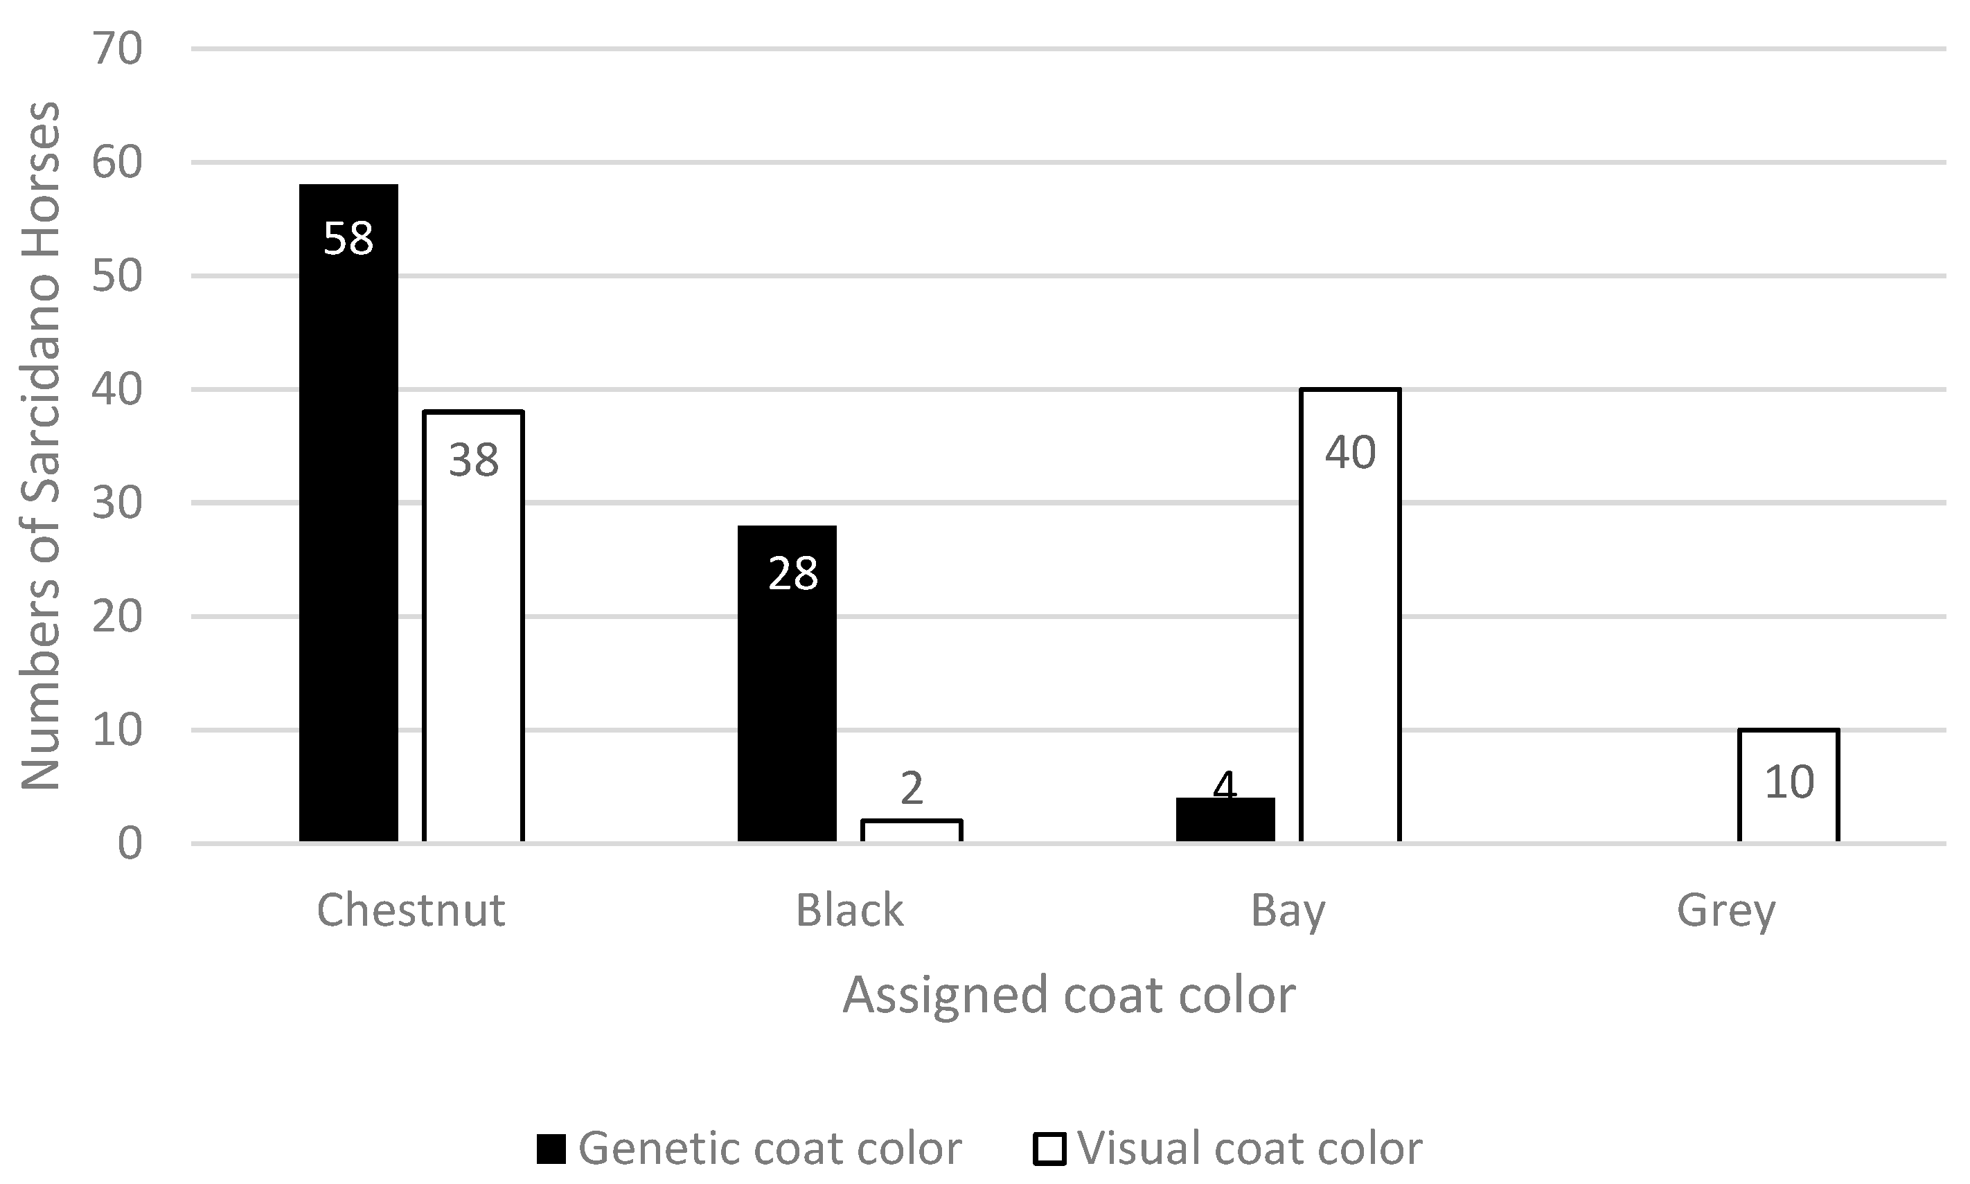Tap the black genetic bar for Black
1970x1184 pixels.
tap(786, 702)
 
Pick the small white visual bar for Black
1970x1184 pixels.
tap(912, 831)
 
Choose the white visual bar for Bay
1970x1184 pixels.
tap(1351, 638)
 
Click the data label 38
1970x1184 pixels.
tap(473, 460)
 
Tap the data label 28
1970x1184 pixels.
tap(792, 573)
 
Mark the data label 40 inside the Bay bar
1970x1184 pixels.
tap(1351, 452)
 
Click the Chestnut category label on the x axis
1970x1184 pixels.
tap(410, 911)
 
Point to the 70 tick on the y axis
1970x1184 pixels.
tap(117, 49)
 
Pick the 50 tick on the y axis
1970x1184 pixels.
tap(117, 276)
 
